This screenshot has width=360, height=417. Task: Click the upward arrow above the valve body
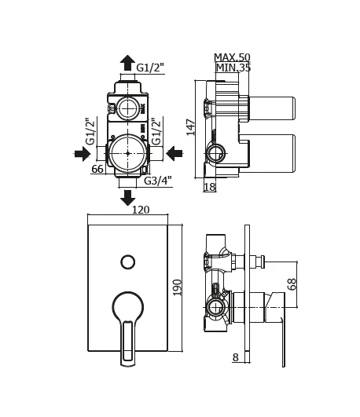point(127,63)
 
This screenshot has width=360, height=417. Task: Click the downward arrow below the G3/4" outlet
point(127,198)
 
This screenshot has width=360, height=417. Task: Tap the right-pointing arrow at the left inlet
point(83,153)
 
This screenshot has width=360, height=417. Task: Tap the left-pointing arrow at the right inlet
point(174,153)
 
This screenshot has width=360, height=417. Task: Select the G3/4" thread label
point(158,181)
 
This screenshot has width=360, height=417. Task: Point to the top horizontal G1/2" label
point(150,68)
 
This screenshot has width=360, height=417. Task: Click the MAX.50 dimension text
point(232,57)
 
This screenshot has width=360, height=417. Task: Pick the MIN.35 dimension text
point(233,68)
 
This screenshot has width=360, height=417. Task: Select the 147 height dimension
point(191,127)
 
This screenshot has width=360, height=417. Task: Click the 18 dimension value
point(210,187)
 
